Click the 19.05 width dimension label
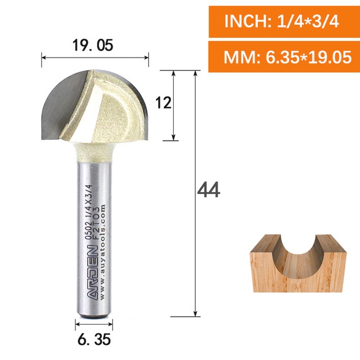click(93, 45)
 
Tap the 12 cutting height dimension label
click(163, 102)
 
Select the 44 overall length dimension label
click(209, 190)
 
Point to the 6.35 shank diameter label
click(94, 339)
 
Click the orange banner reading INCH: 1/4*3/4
click(284, 22)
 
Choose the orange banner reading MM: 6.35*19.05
click(284, 57)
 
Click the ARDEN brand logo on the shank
click(93, 272)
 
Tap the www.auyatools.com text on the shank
click(102, 251)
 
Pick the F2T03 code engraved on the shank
click(96, 223)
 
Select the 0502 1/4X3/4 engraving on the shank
click(89, 212)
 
